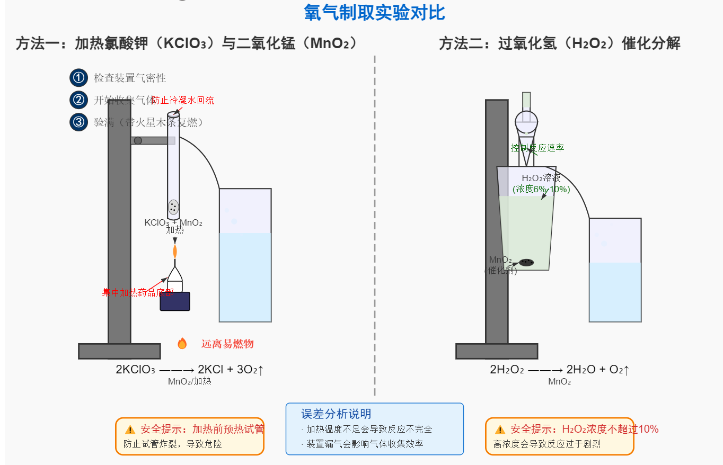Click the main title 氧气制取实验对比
pos(374,13)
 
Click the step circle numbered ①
pos(78,78)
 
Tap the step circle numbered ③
pos(78,122)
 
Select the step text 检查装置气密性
pos(130,78)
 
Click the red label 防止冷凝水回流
pos(183,100)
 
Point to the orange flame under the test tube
pos(175,251)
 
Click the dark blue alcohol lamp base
pos(175,301)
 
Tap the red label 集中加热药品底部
pos(137,292)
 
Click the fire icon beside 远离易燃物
pos(182,344)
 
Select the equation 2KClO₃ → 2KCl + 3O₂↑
pos(189,370)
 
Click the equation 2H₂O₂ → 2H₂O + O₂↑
pos(559,370)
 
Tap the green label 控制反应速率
pos(537,148)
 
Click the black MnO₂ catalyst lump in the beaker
pos(526,262)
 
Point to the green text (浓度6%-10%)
pos(541,189)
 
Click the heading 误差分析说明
pos(336,414)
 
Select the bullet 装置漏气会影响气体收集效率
pos(366,444)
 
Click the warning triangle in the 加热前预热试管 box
pos(130,430)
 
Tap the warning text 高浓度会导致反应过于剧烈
pos(547,444)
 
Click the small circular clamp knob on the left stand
pos(138,140)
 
